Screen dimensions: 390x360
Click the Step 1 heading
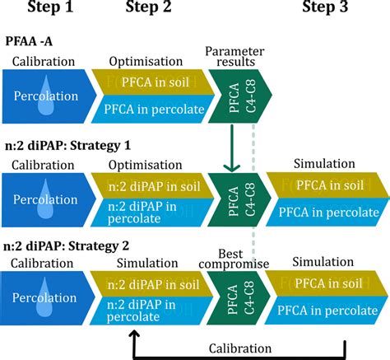coord(50,7)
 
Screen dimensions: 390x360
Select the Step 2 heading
coord(148,7)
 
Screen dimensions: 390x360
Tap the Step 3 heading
coord(325,7)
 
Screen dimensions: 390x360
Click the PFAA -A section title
coord(29,41)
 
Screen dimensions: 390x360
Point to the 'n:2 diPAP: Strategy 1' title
coord(67,146)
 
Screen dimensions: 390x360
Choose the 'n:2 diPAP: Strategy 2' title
coord(66,245)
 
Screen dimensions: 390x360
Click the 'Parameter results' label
coord(234,56)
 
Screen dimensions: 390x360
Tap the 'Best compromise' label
coord(234,259)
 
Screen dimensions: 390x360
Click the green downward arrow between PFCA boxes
coord(232,148)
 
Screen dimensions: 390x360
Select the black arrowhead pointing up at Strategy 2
coord(134,334)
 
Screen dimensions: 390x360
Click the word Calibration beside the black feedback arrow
coord(240,348)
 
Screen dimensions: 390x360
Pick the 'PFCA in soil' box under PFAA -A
coord(153,82)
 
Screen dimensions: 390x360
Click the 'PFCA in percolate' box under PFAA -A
coord(153,110)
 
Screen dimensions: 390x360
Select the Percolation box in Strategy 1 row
coord(49,200)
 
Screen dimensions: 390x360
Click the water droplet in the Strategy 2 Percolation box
coord(45,299)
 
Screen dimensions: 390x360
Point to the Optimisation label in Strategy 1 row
coord(146,165)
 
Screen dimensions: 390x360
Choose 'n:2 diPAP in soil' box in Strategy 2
coord(151,284)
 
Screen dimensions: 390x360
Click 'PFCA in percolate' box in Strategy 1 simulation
coord(327,213)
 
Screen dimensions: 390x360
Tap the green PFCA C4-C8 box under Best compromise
coord(239,298)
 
